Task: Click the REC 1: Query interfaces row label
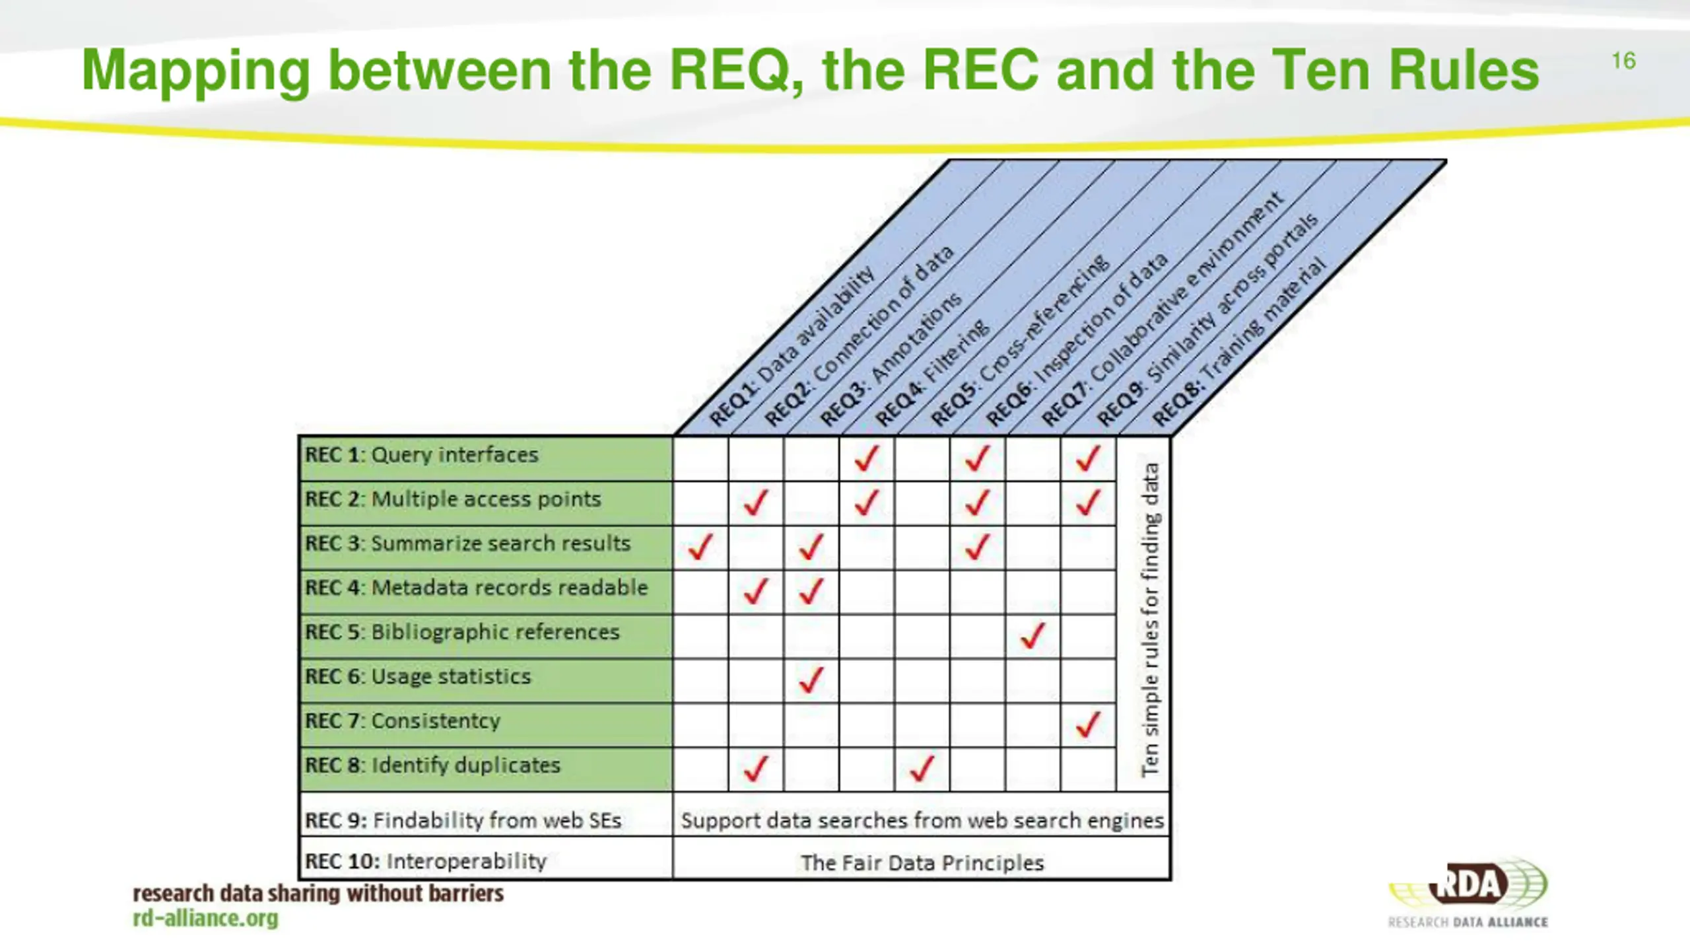(421, 456)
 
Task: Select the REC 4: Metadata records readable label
(476, 588)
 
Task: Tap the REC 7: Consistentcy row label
(402, 721)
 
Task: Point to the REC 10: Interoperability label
(426, 862)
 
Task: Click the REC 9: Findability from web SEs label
(463, 821)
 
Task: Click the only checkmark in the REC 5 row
(1032, 636)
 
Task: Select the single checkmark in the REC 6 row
(811, 680)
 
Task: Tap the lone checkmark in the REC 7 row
(1088, 724)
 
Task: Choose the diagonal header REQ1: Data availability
(792, 347)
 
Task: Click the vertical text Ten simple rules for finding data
(1149, 619)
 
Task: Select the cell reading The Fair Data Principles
(922, 863)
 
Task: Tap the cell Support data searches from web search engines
(922, 821)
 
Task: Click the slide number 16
(1623, 61)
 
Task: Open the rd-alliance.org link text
(206, 919)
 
